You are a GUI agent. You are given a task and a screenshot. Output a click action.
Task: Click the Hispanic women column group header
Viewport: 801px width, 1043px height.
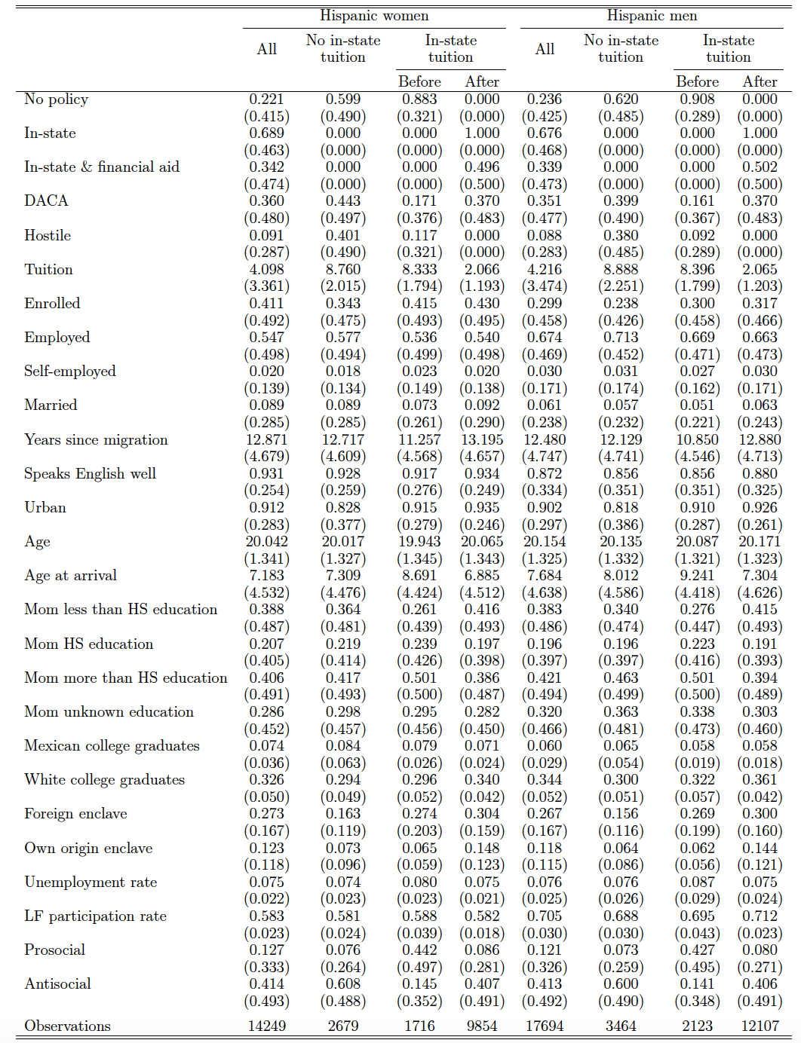(374, 16)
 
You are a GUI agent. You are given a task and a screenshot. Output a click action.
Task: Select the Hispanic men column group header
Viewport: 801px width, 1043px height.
(652, 16)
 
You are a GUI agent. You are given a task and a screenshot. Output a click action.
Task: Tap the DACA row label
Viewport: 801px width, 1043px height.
(46, 200)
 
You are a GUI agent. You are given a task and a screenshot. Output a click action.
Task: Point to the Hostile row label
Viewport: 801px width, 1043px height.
(48, 235)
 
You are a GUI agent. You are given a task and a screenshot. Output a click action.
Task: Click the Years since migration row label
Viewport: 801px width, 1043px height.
(96, 439)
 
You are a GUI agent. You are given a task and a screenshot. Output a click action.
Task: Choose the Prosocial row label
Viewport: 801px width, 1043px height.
(54, 950)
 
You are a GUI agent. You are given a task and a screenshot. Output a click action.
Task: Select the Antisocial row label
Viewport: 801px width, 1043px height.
(57, 983)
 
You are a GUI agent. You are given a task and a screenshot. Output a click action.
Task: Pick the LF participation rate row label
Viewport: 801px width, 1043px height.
(95, 916)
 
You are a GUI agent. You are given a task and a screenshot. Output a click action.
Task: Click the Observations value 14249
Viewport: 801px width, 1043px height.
(267, 1026)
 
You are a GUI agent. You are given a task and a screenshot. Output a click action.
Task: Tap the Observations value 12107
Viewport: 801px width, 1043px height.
(760, 1026)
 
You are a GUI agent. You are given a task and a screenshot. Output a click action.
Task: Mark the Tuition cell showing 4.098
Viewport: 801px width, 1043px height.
(267, 269)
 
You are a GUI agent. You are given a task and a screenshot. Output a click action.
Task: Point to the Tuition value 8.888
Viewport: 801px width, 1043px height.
(621, 269)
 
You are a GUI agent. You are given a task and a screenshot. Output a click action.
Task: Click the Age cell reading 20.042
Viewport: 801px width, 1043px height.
(267, 541)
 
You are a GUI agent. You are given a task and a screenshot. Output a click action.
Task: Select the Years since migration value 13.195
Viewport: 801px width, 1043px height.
(482, 439)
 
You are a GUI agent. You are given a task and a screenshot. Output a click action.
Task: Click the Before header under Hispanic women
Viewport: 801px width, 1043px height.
(419, 81)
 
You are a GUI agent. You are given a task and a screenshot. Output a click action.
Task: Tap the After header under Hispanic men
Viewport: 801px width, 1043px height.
(760, 81)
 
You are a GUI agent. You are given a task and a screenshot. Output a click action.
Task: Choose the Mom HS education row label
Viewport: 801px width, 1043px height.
(88, 644)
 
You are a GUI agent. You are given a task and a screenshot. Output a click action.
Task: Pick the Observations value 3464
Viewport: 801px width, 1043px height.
(621, 1026)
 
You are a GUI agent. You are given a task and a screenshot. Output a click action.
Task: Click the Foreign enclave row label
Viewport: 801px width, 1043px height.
(75, 813)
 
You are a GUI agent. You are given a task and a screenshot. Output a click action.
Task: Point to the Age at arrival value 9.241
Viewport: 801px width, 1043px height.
(697, 575)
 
